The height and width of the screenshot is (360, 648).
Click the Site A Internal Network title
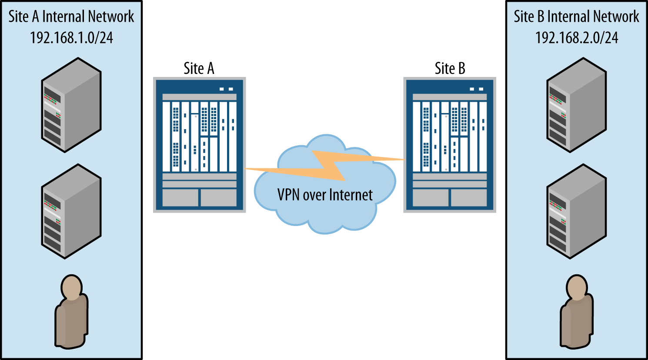click(x=71, y=17)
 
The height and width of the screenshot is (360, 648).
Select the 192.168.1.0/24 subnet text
click(x=71, y=38)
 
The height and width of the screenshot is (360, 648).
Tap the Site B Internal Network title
click(x=577, y=17)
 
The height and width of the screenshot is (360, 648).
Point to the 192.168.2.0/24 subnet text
click(x=577, y=38)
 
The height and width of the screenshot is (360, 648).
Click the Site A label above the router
click(x=199, y=69)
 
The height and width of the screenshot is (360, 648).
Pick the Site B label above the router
click(x=450, y=69)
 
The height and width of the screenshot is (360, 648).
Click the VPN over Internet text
click(x=325, y=195)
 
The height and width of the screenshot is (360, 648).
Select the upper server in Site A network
click(x=71, y=105)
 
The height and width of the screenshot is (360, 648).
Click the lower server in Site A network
click(x=71, y=211)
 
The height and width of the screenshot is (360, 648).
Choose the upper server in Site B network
click(x=577, y=105)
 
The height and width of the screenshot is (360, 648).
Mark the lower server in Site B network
click(x=577, y=211)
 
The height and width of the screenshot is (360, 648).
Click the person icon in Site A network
click(x=71, y=312)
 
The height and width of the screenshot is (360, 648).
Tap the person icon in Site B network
click(x=577, y=312)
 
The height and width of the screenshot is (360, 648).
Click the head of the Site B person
click(x=577, y=288)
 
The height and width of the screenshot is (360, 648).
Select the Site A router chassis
click(x=199, y=145)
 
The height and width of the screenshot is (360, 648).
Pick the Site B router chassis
click(x=450, y=145)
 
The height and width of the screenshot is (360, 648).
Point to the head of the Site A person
click(x=72, y=288)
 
